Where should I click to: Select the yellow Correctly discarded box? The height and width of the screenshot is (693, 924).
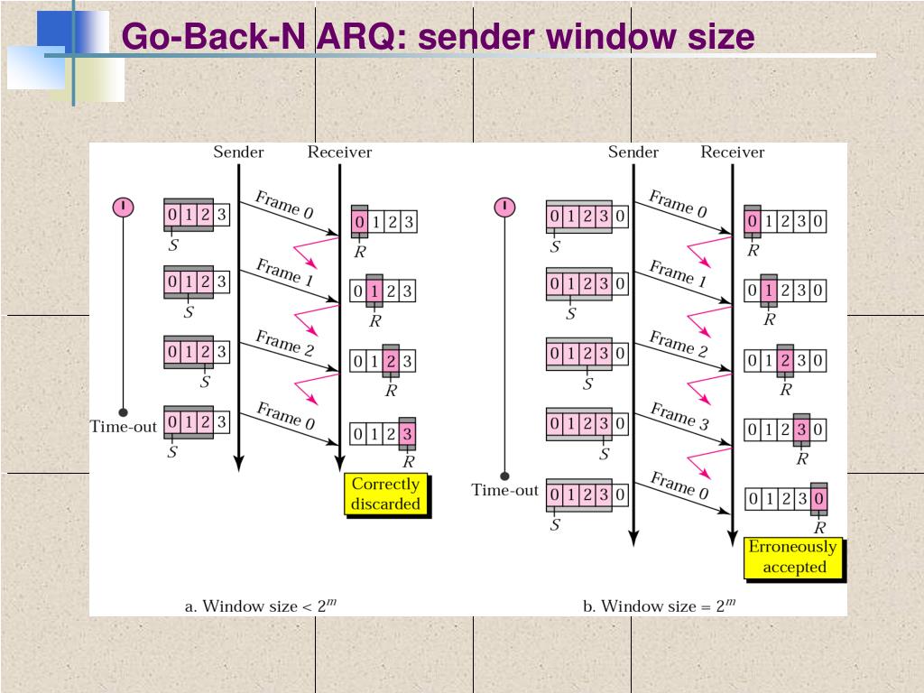click(386, 494)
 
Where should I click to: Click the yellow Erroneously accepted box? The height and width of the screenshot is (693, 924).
click(793, 557)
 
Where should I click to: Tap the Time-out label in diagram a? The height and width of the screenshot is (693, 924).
click(124, 427)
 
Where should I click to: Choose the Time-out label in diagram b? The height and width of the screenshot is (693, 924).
click(504, 490)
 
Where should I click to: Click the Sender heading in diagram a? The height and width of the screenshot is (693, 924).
click(238, 152)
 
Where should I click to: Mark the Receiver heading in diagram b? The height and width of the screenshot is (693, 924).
click(732, 152)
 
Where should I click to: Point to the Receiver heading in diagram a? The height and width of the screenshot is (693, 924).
click(339, 152)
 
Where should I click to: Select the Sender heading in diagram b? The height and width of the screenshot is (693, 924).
click(633, 152)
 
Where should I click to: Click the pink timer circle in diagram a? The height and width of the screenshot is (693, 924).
click(123, 207)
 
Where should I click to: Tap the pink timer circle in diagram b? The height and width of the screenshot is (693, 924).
click(504, 207)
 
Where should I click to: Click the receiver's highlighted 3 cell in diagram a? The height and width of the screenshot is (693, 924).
click(408, 434)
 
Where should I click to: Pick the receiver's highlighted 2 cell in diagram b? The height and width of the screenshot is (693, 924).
click(785, 361)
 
